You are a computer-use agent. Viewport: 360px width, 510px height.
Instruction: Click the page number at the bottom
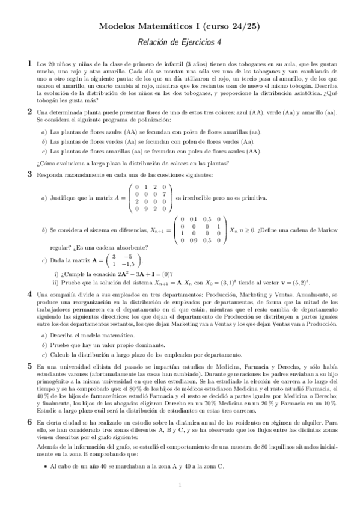pos(180,485)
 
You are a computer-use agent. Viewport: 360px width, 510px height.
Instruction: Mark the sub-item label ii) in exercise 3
pos(56,283)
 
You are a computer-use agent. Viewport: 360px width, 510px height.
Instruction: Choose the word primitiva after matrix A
pos(252,198)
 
